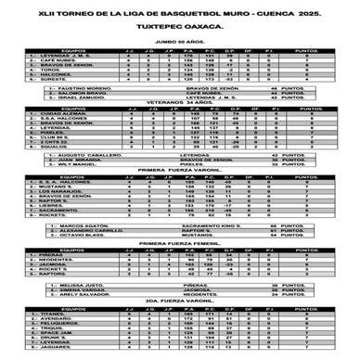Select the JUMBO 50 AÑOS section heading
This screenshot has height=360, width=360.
tap(181, 42)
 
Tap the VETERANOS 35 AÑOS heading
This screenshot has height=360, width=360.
tap(181, 127)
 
